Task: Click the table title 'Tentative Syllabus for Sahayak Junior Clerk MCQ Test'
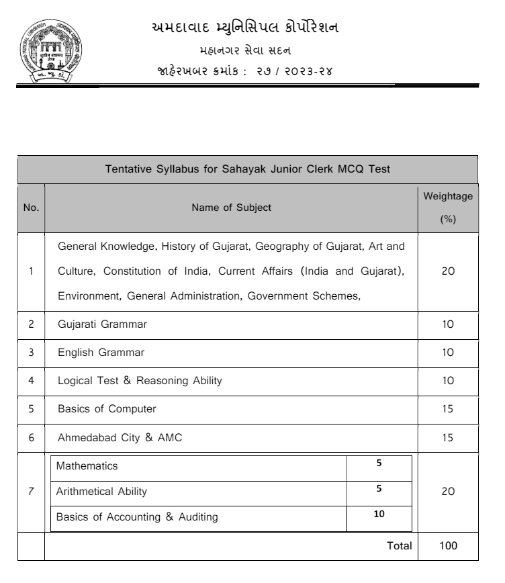point(248,169)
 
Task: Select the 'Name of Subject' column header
point(232,208)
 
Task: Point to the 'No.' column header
point(31,208)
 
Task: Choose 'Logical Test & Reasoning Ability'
point(140,381)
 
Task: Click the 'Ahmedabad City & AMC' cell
point(120,438)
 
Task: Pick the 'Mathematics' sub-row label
point(87,465)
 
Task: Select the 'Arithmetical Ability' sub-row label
point(101,492)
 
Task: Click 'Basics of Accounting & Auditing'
point(136,517)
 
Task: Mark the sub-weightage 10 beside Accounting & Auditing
point(379,514)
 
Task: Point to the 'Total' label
point(400,545)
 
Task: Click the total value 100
point(448,545)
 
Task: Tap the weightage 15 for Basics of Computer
point(448,409)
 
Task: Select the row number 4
point(31,381)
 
